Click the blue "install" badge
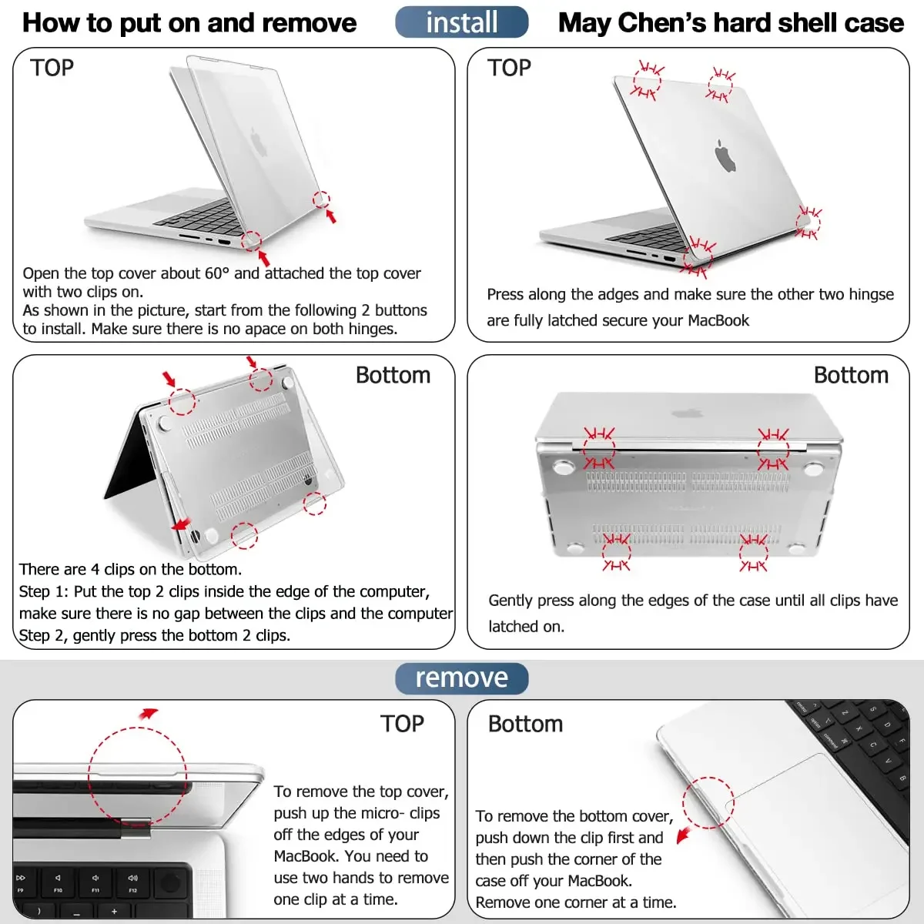462,22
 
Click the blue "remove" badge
462,678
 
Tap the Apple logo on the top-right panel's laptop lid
725,156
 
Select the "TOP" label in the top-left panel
52,68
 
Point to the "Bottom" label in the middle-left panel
393,375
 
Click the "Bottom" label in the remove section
525,724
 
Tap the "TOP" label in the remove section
402,724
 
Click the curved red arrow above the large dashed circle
148,714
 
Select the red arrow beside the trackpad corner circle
682,835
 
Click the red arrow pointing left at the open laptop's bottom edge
181,524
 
